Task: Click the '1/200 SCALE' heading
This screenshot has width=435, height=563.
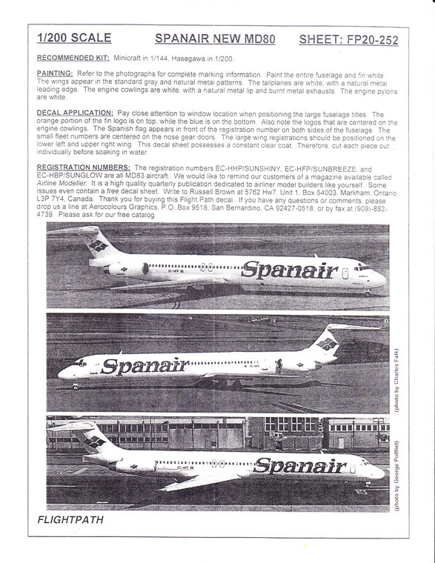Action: pyautogui.click(x=74, y=38)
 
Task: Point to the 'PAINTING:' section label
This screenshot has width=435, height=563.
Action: pyautogui.click(x=56, y=73)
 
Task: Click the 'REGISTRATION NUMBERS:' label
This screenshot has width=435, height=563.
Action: pyautogui.click(x=84, y=168)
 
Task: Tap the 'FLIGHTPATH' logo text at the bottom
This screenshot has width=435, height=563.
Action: pyautogui.click(x=71, y=520)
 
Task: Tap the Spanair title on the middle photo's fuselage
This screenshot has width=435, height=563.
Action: pyautogui.click(x=145, y=365)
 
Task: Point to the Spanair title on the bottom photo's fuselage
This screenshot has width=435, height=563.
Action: pyautogui.click(x=299, y=466)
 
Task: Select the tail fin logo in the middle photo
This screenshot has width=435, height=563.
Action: pyautogui.click(x=328, y=343)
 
